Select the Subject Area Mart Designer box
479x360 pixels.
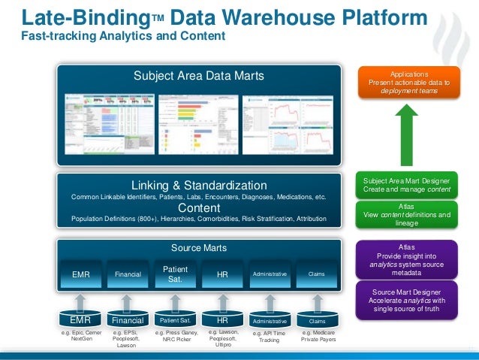tap(407, 185)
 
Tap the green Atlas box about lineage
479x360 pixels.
tap(407, 213)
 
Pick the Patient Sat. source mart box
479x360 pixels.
tap(174, 274)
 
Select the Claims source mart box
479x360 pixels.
tap(317, 275)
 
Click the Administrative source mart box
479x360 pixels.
tap(270, 275)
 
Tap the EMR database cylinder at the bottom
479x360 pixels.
tap(80, 320)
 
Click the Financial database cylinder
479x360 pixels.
tap(127, 320)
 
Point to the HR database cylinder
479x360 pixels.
tap(222, 320)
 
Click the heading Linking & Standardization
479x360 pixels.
tap(199, 185)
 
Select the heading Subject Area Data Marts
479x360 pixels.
tap(199, 75)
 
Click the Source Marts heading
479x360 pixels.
tap(199, 247)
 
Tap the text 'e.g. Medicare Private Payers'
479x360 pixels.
tap(317, 336)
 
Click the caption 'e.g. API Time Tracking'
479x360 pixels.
tap(270, 336)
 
